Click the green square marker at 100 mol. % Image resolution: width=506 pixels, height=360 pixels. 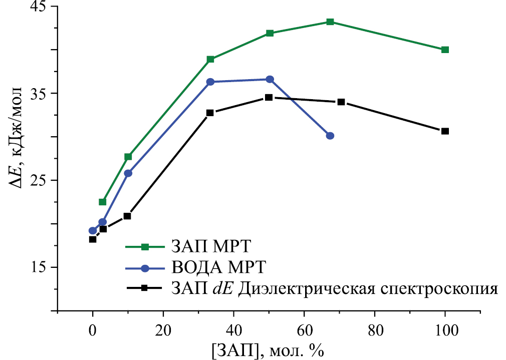445,50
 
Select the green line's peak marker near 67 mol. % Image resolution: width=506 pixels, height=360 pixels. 330,22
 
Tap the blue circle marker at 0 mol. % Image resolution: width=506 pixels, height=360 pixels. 93,231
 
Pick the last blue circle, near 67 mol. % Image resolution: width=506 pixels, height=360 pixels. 330,136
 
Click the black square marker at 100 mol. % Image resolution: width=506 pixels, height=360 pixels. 445,131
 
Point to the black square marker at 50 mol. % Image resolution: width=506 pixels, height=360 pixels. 269,97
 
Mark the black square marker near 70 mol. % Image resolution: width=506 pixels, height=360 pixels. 341,102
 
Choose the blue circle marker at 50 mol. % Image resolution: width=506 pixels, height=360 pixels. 270,79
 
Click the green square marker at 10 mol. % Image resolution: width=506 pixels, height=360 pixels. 128,157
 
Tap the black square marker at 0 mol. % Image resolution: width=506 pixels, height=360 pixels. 93,239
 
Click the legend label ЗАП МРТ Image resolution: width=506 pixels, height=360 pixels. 211,246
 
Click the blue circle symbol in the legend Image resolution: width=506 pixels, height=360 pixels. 145,268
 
